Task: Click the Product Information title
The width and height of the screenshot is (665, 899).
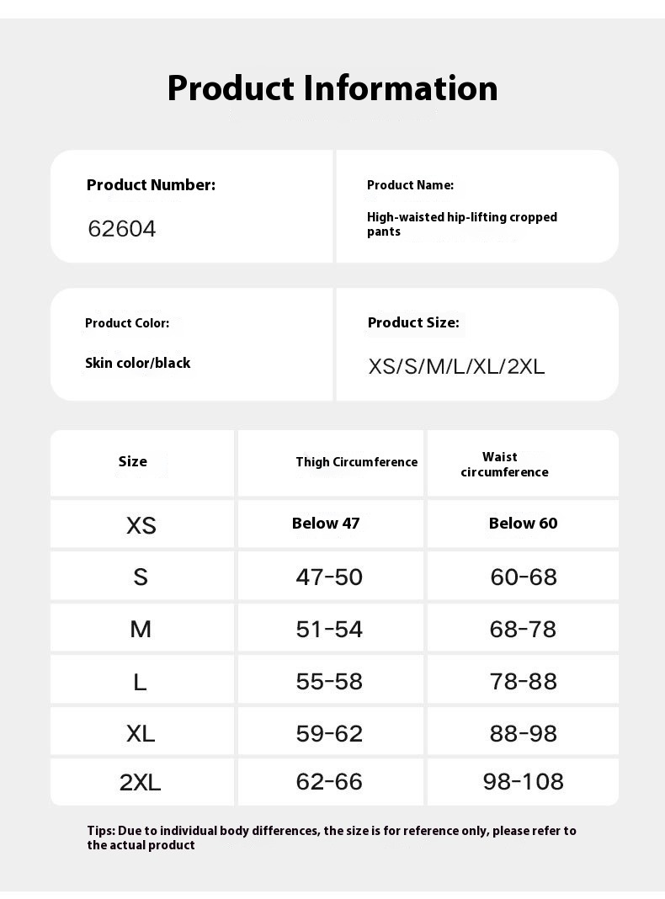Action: point(332,88)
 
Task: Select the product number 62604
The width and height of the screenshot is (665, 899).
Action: point(122,229)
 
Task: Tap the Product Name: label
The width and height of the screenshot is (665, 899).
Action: point(410,185)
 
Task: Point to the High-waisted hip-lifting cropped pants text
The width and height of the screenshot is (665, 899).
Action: point(461,224)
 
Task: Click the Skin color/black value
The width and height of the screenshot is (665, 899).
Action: point(137,363)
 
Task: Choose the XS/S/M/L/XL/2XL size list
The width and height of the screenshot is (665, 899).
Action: point(456,367)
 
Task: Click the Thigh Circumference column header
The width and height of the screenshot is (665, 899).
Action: point(356,461)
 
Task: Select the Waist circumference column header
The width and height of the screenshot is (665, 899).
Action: point(503,465)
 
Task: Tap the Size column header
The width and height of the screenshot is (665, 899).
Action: point(133,461)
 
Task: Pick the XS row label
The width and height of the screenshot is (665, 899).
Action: point(141,526)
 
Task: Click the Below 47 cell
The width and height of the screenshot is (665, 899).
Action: point(326,524)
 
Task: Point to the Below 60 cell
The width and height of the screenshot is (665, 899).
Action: point(523,524)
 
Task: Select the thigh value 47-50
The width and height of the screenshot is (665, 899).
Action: point(329,577)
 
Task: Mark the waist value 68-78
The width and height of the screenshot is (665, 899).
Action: point(523,629)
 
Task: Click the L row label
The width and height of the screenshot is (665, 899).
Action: point(140,682)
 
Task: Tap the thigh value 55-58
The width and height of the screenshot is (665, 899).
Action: point(329,681)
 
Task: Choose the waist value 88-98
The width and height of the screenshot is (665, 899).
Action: point(523,733)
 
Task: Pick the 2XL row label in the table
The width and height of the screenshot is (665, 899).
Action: point(140,783)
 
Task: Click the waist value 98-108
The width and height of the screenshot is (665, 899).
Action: point(523,782)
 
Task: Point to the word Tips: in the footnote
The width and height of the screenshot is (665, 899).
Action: point(101,831)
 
